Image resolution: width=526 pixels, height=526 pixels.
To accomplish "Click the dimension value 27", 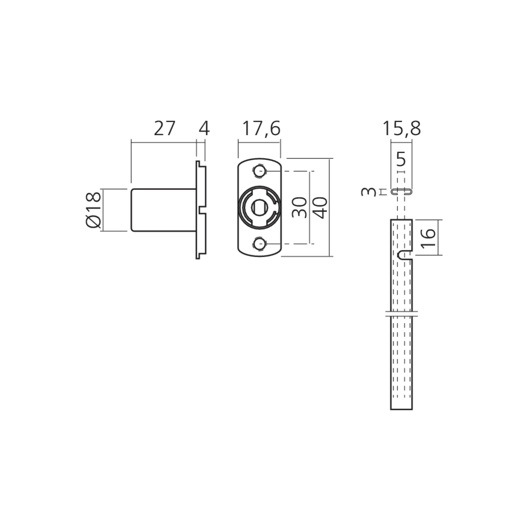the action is point(164,129).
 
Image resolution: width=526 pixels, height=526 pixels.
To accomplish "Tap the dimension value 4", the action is point(204,129).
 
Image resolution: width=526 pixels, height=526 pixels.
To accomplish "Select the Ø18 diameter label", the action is point(94,210).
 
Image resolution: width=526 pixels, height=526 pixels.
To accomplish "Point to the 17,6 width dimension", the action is point(261,129).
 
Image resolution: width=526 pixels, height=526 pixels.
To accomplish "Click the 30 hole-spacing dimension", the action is point(300,208).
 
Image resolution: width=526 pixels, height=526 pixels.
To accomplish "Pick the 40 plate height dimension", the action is point(320,208).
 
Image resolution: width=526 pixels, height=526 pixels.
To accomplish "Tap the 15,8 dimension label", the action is point(401,129).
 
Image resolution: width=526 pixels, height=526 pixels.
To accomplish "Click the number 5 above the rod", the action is point(401,159).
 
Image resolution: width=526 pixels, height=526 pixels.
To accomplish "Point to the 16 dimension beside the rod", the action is point(428,238).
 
